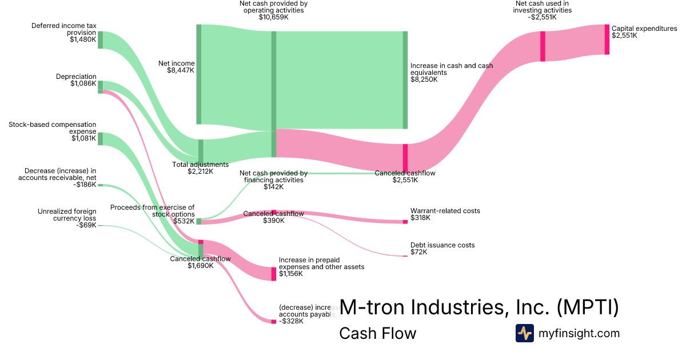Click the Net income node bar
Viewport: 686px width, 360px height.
[x=199, y=74]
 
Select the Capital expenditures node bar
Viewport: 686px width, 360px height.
[x=607, y=39]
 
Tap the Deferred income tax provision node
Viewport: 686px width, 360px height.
[x=100, y=40]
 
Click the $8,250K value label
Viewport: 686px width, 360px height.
[x=424, y=79]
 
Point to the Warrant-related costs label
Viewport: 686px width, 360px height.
[x=445, y=211]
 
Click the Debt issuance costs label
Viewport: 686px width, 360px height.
[x=442, y=245]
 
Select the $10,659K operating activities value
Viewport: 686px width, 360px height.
[x=273, y=17]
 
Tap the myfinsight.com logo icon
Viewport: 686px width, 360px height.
[x=524, y=333]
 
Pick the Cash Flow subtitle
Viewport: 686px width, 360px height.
[x=377, y=333]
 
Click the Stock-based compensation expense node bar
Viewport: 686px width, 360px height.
[x=100, y=139]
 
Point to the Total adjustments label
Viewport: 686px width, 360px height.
[x=200, y=165]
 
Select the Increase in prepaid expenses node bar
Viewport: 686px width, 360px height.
[x=273, y=274]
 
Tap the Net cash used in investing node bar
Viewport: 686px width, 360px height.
[x=543, y=46]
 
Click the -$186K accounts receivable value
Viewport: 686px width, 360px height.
[x=85, y=185]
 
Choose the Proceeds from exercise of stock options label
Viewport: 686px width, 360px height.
[x=152, y=210]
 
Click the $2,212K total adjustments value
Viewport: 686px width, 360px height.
[x=200, y=171]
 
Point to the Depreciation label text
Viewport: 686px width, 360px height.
[x=76, y=77]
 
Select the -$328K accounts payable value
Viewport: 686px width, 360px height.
[x=291, y=321]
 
